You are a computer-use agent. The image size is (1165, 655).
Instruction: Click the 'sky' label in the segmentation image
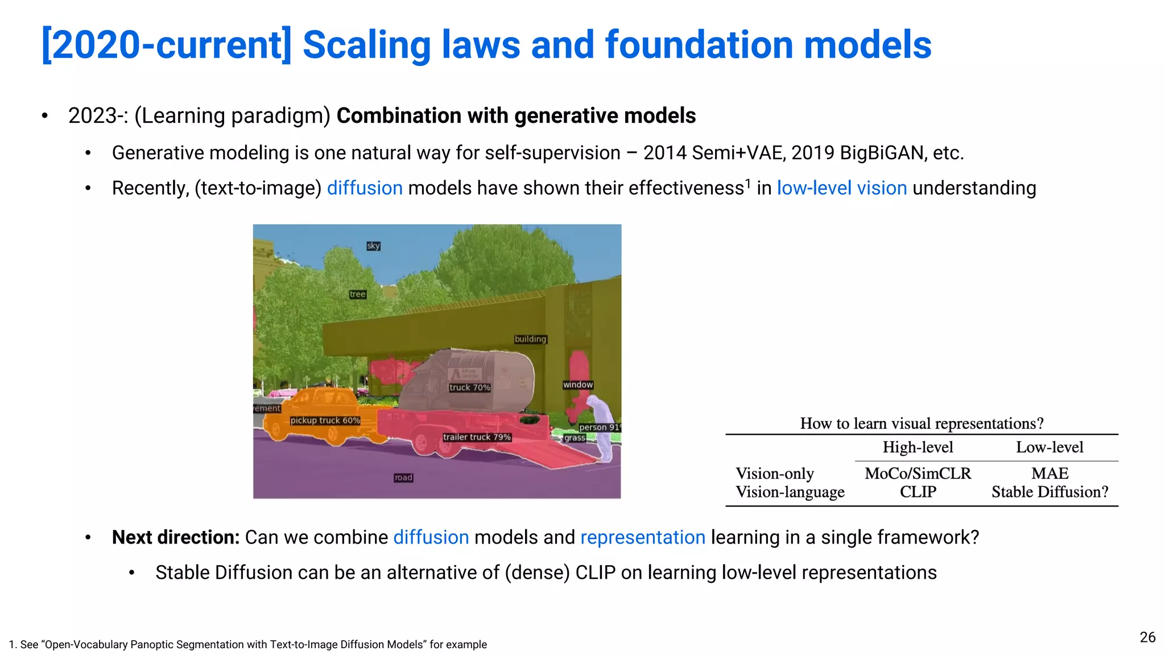(373, 246)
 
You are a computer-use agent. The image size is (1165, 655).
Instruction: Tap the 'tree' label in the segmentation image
(358, 294)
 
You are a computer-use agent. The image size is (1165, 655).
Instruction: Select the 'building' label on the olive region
(530, 339)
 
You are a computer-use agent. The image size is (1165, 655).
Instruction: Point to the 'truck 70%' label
(469, 387)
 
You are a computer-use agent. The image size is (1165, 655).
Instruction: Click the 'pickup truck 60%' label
(325, 420)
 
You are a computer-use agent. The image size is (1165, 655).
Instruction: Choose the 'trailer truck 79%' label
(477, 437)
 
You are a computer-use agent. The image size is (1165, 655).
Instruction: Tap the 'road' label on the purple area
(403, 477)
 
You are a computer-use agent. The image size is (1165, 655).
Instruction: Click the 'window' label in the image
(578, 384)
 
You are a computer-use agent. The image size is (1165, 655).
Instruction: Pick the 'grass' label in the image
(575, 437)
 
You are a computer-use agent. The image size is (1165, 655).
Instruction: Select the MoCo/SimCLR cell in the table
(918, 473)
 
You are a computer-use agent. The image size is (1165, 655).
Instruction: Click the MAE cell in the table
(1050, 473)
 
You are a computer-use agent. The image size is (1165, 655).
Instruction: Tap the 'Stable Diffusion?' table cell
(1050, 492)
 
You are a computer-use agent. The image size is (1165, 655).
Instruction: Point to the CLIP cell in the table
(918, 492)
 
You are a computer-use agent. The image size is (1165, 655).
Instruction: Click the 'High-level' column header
(918, 447)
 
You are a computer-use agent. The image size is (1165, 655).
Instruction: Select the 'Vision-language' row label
(790, 492)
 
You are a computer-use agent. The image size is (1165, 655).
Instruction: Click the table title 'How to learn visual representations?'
(922, 423)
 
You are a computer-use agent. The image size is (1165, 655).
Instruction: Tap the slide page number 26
(1147, 637)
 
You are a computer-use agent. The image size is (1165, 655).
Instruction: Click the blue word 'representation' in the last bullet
(643, 537)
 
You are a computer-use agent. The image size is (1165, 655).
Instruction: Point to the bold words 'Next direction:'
(176, 537)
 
